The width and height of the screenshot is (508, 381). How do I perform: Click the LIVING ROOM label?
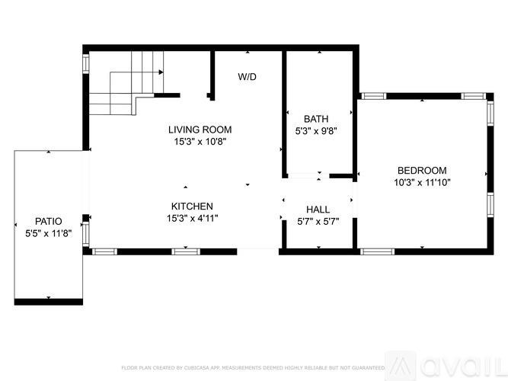200,130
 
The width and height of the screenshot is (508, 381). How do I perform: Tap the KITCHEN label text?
192,207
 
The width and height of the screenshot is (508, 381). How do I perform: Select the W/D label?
247,77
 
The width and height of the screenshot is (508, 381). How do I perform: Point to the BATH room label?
316,119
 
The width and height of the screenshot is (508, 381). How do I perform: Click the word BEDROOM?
422,171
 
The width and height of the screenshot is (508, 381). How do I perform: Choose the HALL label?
318,210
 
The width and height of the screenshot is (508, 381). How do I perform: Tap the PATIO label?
48,222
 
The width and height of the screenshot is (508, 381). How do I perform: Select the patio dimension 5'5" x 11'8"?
48,233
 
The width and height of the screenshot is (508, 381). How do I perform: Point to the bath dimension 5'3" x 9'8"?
316,130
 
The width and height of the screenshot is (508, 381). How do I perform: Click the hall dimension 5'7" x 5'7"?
318,222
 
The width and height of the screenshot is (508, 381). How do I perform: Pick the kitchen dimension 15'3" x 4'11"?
192,218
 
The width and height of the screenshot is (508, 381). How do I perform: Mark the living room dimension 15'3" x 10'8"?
200,141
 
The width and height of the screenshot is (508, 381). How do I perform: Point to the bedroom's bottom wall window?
372,251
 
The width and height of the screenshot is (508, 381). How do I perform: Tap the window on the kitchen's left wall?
86,233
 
